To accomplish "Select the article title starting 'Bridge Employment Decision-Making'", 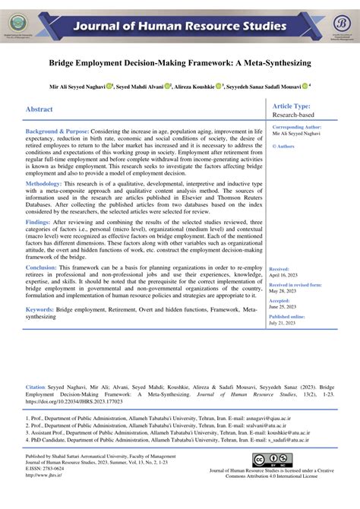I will tap(180, 66).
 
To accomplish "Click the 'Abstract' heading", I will tap(39, 109).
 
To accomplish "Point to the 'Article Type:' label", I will tap(292, 106).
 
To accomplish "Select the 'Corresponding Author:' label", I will tap(296, 127).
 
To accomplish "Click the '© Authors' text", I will tap(283, 145).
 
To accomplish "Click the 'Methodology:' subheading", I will tap(49, 184).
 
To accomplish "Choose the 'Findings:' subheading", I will tap(39, 222).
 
